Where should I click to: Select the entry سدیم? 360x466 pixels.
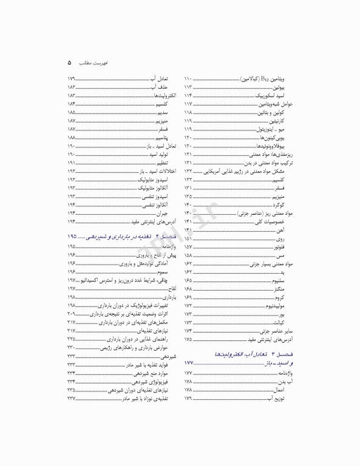tap(161, 113)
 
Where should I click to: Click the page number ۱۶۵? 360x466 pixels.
tap(188, 281)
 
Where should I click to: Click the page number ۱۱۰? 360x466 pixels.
tap(188, 79)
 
